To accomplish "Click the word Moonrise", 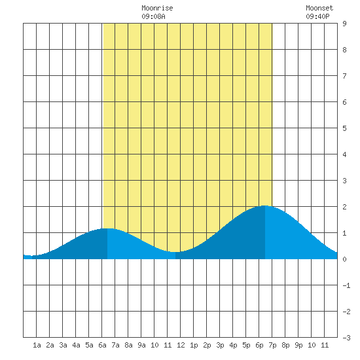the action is (x=157, y=8).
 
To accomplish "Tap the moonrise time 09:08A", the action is (x=153, y=16).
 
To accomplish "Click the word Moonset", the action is (x=319, y=8).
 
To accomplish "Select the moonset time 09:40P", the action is (x=317, y=16).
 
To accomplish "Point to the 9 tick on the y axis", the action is (x=344, y=24).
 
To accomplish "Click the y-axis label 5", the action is (x=344, y=128).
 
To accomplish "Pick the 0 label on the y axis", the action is (x=344, y=259).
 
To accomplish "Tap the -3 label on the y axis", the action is (x=346, y=338).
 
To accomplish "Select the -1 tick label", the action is (x=346, y=285).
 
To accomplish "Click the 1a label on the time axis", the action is (x=37, y=345).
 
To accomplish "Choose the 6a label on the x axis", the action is (x=102, y=345).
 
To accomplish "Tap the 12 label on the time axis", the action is (x=181, y=345).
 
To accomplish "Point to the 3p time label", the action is (x=220, y=345).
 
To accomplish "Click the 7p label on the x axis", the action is (x=272, y=345).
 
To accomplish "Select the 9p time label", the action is (x=298, y=345).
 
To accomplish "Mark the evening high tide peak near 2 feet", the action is (x=265, y=206).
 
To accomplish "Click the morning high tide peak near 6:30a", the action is (x=107, y=228).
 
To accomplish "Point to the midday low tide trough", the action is (x=175, y=252).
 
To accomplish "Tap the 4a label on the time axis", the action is (x=76, y=345).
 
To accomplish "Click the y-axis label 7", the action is (x=344, y=76).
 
